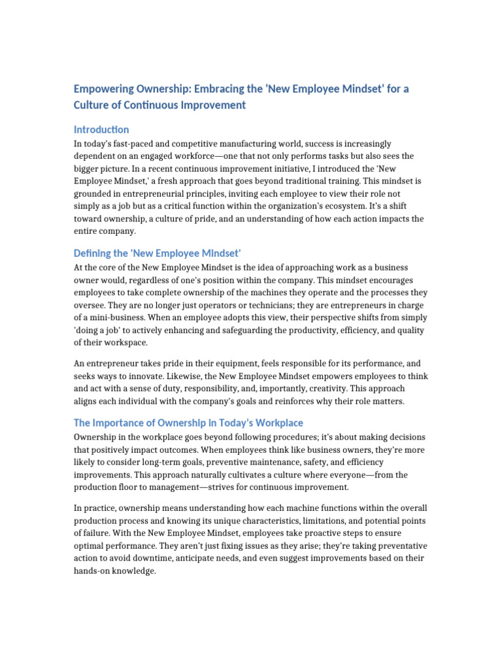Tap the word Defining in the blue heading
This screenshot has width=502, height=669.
(x=93, y=253)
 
